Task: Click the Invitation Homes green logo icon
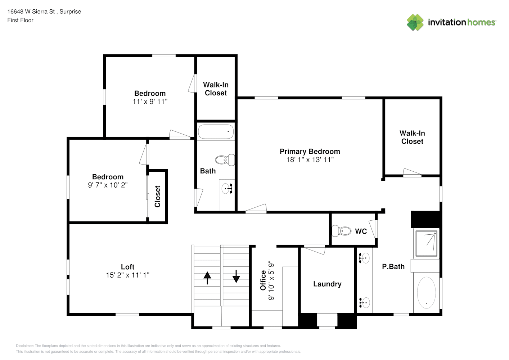tap(415, 22)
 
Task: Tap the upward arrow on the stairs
tap(207, 278)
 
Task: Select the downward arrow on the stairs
tap(236, 276)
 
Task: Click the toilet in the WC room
tap(341, 231)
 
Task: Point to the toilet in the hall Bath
tap(225, 160)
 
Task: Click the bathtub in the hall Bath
tap(216, 132)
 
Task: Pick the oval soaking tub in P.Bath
tap(426, 292)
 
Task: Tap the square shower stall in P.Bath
tap(426, 243)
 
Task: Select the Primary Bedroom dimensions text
tap(310, 160)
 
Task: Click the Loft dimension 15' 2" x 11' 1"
tap(128, 275)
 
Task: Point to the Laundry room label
tap(327, 284)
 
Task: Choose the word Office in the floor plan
tap(263, 280)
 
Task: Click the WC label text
tap(361, 231)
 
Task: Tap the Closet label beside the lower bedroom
tap(157, 196)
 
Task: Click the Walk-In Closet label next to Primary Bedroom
tap(412, 137)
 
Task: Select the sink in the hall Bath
tap(227, 189)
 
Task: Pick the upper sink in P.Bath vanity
tap(364, 258)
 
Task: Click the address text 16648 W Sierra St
tap(31, 12)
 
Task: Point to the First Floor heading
tap(20, 20)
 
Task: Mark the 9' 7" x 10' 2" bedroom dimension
tap(108, 185)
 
